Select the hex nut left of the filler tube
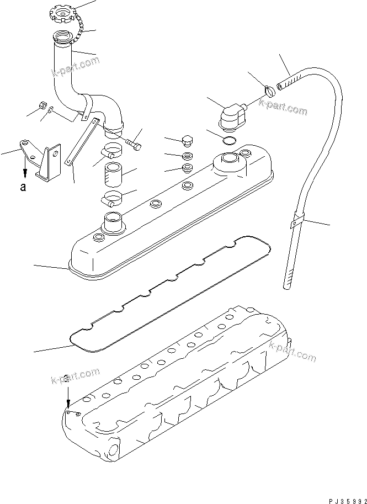[41, 105]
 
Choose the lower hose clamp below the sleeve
[112, 200]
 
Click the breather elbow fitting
[231, 116]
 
